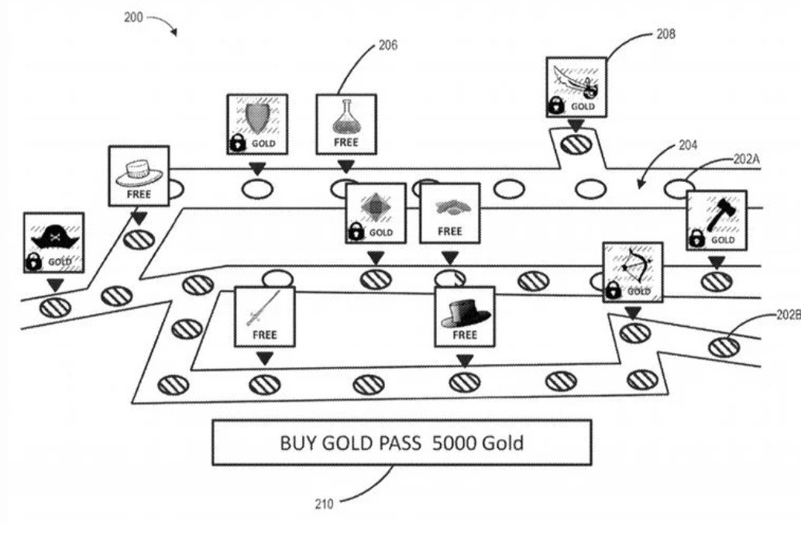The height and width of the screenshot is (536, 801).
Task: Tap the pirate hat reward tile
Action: [54, 242]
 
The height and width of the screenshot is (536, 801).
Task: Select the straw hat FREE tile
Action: [139, 176]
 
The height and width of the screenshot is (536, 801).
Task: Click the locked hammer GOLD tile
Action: [717, 221]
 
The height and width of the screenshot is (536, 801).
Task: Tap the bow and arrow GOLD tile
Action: [633, 272]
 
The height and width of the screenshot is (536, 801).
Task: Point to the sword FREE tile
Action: [265, 316]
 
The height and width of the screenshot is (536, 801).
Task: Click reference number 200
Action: [134, 16]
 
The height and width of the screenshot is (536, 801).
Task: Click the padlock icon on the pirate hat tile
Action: [34, 263]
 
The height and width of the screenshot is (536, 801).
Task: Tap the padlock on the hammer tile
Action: [697, 239]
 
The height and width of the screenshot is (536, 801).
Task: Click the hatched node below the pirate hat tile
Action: [55, 307]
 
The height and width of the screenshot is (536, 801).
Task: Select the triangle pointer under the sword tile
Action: [265, 357]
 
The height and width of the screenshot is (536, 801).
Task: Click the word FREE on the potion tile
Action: [346, 143]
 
